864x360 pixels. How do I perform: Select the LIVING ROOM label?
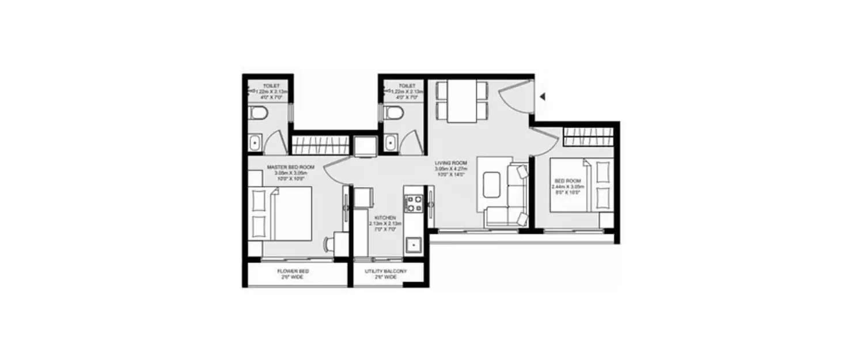[450, 163]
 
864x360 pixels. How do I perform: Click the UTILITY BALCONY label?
[385, 271]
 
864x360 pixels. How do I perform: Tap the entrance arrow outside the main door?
[542, 97]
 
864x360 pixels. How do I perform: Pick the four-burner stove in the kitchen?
[414, 203]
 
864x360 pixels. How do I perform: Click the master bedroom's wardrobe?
[321, 144]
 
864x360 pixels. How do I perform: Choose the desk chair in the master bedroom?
[329, 244]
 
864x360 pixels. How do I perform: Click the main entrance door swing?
[514, 97]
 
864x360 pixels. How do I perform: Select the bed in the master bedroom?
[282, 213]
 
